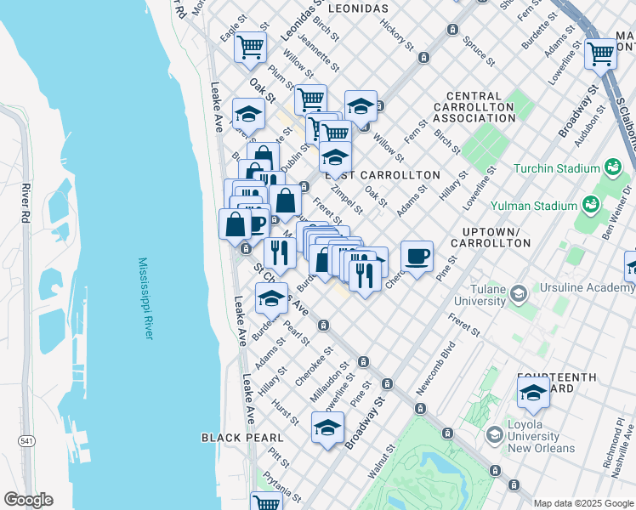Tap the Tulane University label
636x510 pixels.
pyautogui.click(x=468, y=294)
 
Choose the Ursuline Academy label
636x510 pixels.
pyautogui.click(x=586, y=288)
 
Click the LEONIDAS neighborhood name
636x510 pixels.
pyautogui.click(x=346, y=8)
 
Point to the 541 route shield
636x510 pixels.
pyautogui.click(x=27, y=439)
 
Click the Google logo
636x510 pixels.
pyautogui.click(x=27, y=500)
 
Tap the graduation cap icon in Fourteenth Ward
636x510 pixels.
pyautogui.click(x=533, y=392)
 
